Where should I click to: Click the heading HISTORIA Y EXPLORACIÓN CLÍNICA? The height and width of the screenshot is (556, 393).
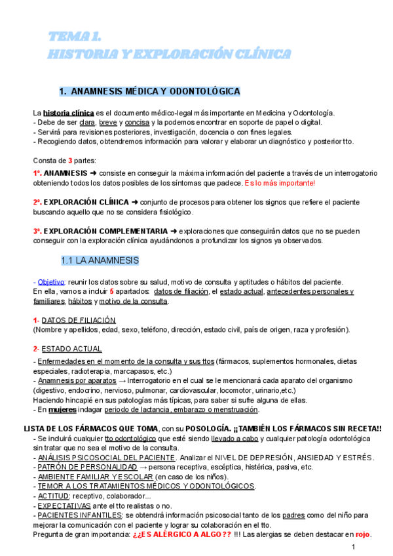(x=170, y=53)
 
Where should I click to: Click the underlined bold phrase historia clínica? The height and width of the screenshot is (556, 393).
(x=69, y=113)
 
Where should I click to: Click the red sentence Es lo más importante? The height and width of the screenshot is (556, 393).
(x=279, y=183)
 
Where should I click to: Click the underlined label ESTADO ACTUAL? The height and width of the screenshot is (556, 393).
(x=71, y=348)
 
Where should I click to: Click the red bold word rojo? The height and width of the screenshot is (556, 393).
(x=363, y=534)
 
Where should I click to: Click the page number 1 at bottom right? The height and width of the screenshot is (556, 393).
(x=353, y=547)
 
